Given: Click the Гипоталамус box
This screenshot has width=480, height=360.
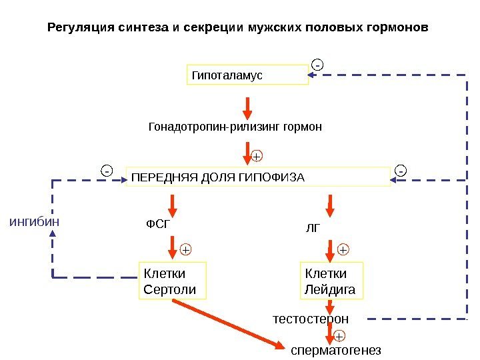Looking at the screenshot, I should [247, 75].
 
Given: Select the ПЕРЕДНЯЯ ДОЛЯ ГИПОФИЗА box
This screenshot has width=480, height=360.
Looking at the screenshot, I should [258, 177].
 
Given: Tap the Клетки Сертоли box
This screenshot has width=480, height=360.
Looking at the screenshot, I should [172, 280].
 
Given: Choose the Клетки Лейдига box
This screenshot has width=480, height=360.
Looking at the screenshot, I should [331, 281].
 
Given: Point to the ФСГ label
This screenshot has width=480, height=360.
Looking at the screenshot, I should [158, 225].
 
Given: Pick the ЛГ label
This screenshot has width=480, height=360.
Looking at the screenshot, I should [313, 228].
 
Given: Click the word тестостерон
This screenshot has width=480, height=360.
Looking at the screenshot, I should [311, 319].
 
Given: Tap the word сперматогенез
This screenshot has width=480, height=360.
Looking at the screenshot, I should [336, 350].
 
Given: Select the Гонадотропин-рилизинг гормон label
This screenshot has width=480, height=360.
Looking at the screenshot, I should [235, 127].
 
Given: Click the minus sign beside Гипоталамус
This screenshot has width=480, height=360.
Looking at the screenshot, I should [317, 65].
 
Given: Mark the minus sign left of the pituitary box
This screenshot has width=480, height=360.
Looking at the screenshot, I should [107, 171].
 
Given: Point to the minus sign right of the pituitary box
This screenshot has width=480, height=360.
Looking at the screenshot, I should [400, 171].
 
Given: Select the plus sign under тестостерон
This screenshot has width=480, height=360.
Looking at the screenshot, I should [339, 335].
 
